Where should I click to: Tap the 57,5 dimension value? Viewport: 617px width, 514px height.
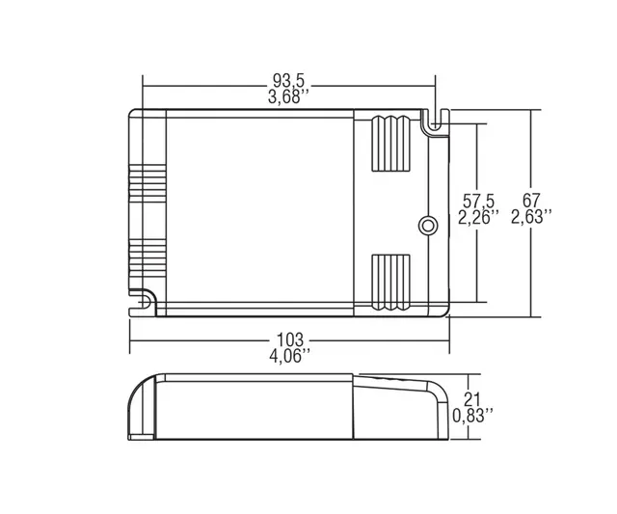tap(477, 202)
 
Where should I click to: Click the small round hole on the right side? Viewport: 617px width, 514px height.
tap(425, 225)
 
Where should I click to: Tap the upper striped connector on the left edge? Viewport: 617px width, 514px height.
tap(147, 186)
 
